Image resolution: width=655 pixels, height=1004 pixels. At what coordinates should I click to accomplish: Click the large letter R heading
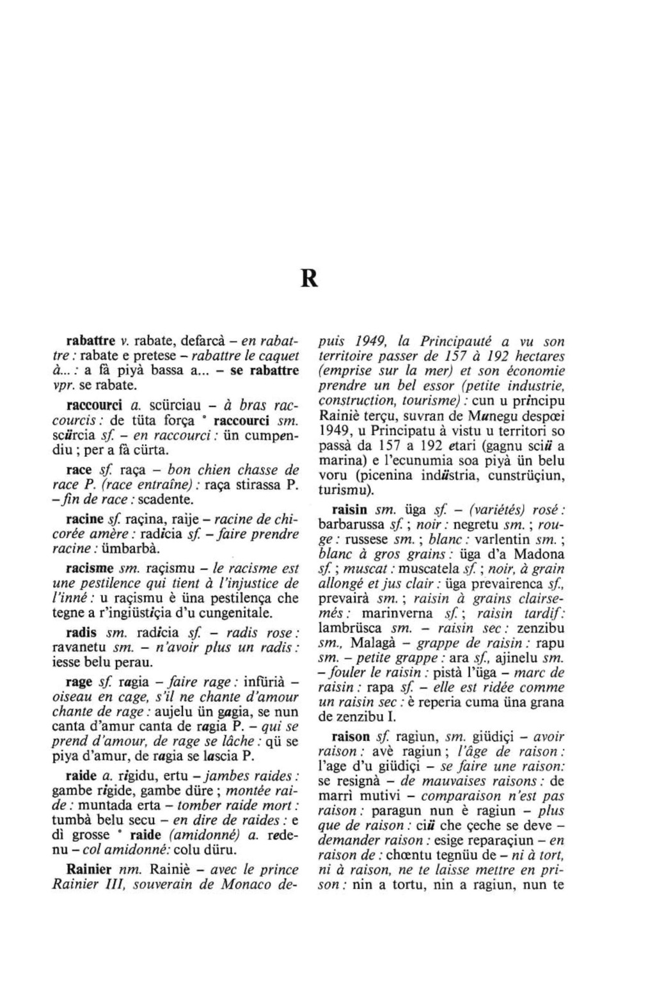point(309,279)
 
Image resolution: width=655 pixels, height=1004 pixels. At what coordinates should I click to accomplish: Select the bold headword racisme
point(89,568)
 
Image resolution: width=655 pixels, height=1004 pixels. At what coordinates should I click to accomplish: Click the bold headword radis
point(82,633)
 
